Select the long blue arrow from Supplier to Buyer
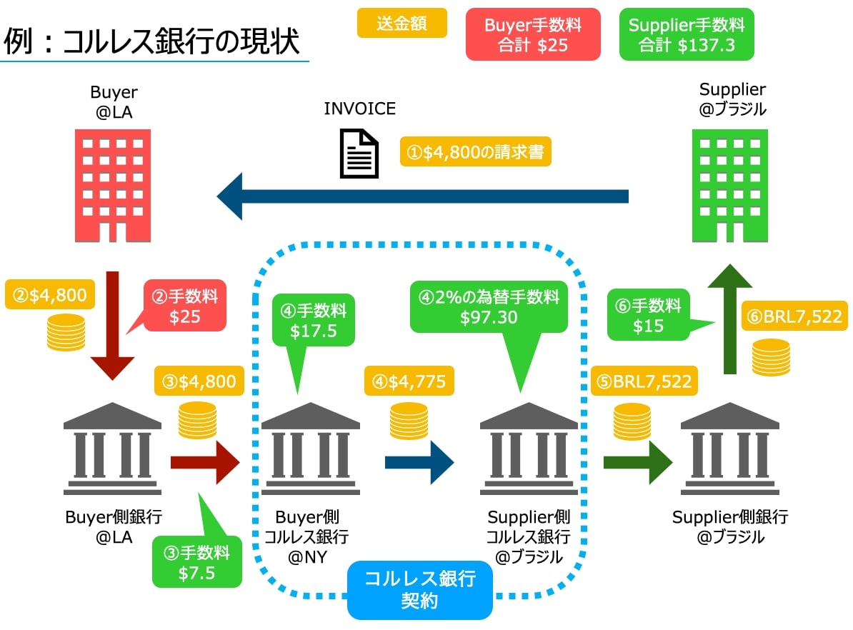(421, 196)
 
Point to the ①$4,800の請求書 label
(475, 152)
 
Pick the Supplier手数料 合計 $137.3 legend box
(687, 35)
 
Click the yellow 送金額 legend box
(401, 24)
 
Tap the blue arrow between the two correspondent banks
(419, 462)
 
